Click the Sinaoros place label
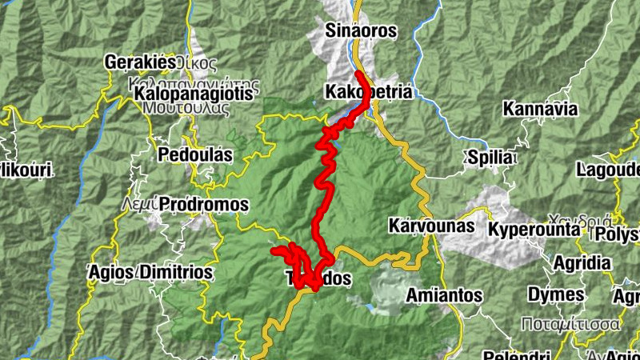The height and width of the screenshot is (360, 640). (x=361, y=31)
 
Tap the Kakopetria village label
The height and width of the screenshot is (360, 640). (x=369, y=92)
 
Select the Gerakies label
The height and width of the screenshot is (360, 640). (x=140, y=62)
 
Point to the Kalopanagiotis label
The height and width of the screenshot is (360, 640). (x=194, y=94)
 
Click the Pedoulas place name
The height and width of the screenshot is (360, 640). (x=196, y=154)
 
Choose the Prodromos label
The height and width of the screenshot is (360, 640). (x=204, y=206)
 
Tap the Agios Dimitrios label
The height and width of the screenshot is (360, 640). (x=151, y=273)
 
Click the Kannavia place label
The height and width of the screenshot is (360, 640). (x=540, y=109)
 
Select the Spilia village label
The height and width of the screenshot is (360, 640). (x=490, y=158)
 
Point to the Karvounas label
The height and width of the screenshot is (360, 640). (x=431, y=226)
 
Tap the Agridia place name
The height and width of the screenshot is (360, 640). (x=582, y=262)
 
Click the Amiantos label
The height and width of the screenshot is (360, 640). (x=444, y=296)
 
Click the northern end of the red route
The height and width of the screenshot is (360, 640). (x=358, y=74)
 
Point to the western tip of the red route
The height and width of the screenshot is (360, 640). (x=274, y=251)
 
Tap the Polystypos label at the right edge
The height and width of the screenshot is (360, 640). (x=623, y=234)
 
